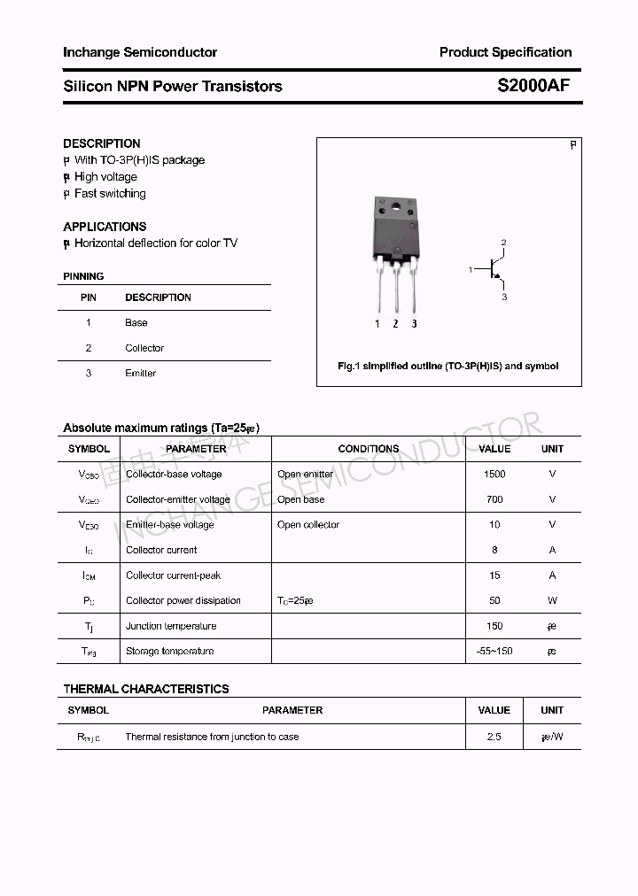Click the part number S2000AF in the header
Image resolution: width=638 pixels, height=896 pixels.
pyautogui.click(x=533, y=86)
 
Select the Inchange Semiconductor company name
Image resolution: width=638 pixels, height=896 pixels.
pyautogui.click(x=140, y=52)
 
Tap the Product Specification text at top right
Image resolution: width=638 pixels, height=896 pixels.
pyautogui.click(x=505, y=52)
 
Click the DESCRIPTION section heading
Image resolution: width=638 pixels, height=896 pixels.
pyautogui.click(x=102, y=143)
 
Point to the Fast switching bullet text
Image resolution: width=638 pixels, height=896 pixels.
pyautogui.click(x=110, y=194)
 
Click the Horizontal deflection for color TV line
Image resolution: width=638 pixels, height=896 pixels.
pyautogui.click(x=156, y=243)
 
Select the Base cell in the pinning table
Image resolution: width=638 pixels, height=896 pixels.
pyautogui.click(x=136, y=323)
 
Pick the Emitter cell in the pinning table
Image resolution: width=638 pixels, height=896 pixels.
pyautogui.click(x=141, y=374)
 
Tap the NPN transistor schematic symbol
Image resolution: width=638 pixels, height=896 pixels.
pyautogui.click(x=492, y=269)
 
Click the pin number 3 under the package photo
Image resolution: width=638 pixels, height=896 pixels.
pyautogui.click(x=414, y=324)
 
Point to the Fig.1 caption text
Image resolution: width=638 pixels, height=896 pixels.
pyautogui.click(x=448, y=366)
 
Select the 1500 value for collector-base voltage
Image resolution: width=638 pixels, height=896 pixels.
pyautogui.click(x=494, y=475)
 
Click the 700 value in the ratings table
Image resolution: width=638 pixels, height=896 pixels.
pyautogui.click(x=494, y=499)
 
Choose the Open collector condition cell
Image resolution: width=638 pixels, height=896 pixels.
pyautogui.click(x=308, y=525)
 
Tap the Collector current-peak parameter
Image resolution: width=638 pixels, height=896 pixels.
pyautogui.click(x=174, y=575)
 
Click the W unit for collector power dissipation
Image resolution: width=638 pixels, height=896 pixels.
pyautogui.click(x=552, y=601)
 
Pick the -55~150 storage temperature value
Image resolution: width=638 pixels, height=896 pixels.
pyautogui.click(x=494, y=652)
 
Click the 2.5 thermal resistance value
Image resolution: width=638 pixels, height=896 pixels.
pyautogui.click(x=494, y=737)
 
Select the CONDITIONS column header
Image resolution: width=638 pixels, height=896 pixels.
pyautogui.click(x=369, y=449)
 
